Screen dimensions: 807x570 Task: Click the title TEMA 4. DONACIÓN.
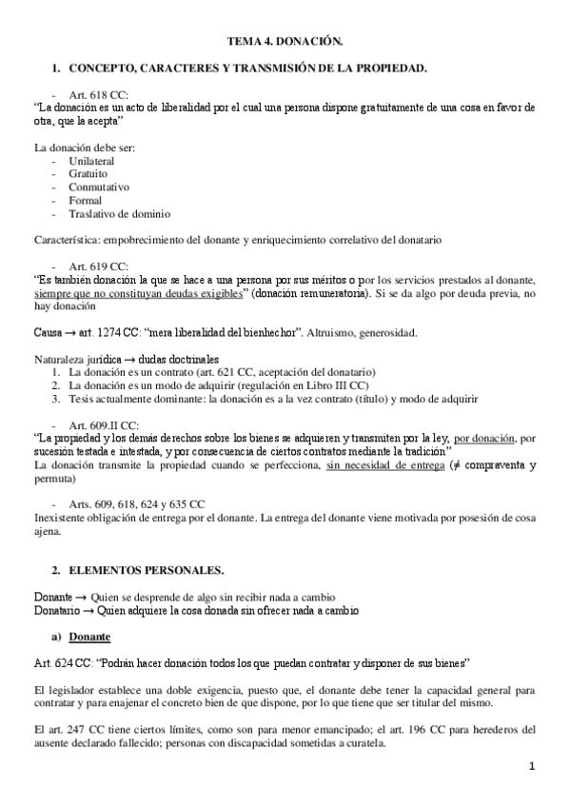pos(284,42)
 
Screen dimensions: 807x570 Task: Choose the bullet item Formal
pos(86,201)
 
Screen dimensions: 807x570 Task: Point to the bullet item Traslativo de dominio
pos(120,214)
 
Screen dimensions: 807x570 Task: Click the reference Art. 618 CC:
pos(98,95)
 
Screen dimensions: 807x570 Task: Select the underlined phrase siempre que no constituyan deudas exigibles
pos(138,295)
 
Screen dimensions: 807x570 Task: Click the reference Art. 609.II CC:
pos(104,424)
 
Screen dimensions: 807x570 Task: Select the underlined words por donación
pos(485,438)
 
